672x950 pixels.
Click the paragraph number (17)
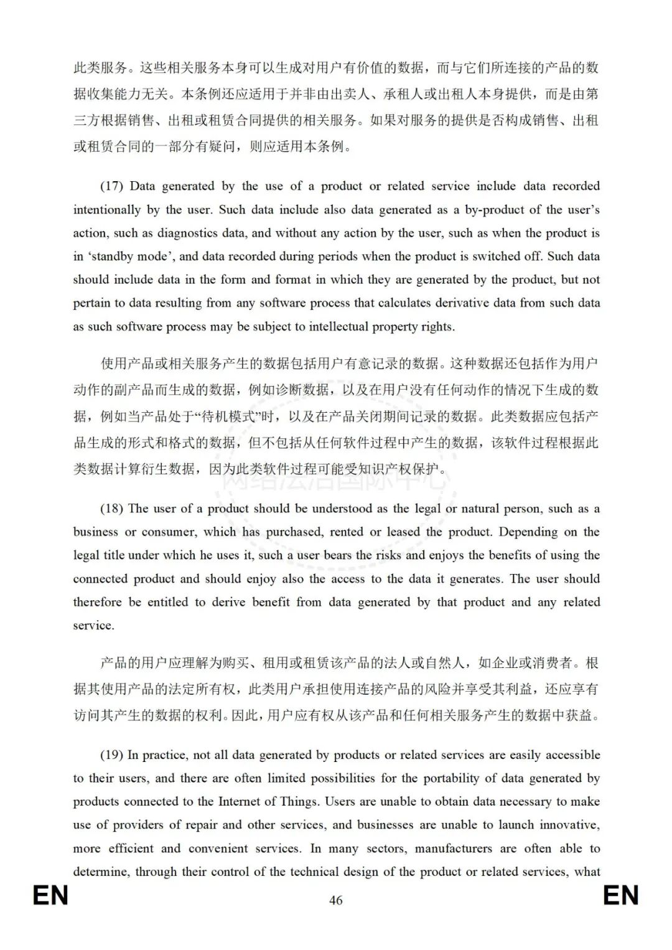coord(112,186)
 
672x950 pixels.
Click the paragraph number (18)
coord(112,509)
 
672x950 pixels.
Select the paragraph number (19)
coord(112,755)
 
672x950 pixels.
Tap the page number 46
coord(336,900)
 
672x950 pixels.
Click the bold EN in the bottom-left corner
coord(50,896)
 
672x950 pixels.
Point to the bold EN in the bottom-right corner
coord(621,896)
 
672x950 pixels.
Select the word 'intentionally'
coord(107,210)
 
